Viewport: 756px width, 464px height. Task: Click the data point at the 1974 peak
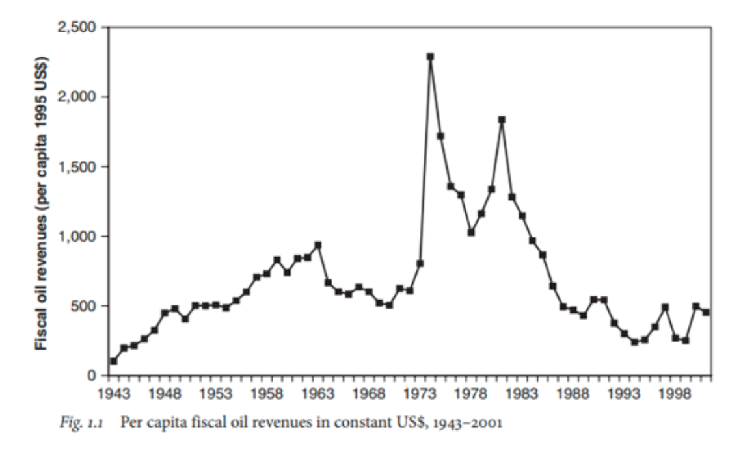(430, 57)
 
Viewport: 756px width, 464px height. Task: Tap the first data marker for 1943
(114, 361)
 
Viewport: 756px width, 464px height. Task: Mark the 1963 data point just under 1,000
(317, 245)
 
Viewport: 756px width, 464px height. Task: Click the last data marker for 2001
(706, 312)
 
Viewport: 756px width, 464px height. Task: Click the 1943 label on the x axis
(115, 393)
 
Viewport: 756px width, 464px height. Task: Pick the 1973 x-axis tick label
(420, 393)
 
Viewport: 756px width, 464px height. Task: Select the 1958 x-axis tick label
(267, 393)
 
